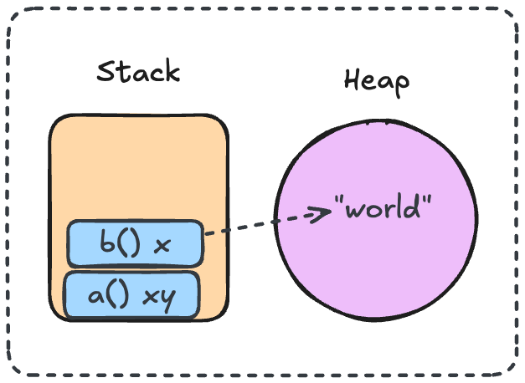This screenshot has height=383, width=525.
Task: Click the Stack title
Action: [138, 72]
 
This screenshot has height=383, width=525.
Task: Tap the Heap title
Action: [378, 83]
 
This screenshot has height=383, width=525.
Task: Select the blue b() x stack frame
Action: [134, 243]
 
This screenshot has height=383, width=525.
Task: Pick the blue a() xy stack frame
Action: [131, 294]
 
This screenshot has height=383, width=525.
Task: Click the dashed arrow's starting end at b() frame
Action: [206, 234]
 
